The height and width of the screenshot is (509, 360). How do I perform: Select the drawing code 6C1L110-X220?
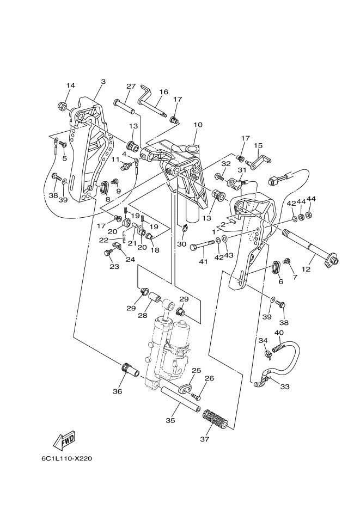pos(67,459)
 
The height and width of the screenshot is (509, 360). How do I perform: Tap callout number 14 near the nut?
pos(70,85)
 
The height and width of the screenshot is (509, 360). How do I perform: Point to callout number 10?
pos(198,125)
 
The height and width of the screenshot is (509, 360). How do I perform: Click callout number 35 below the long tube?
pos(170,420)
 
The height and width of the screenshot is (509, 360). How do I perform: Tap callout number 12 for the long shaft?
pos(306,269)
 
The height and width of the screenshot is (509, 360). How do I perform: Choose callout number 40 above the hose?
pos(279,333)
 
